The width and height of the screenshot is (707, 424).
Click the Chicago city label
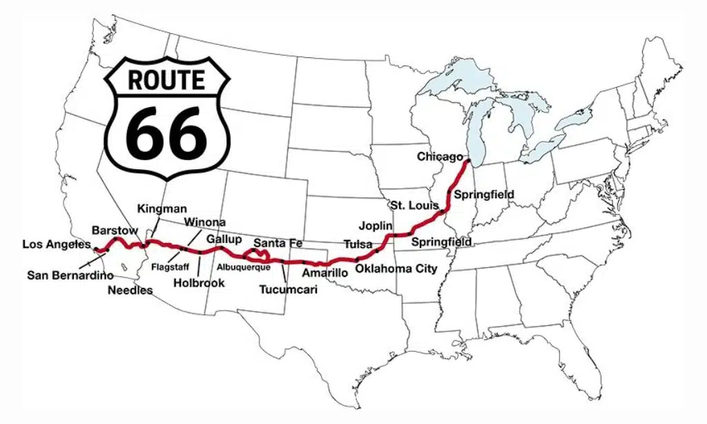pyautogui.click(x=439, y=157)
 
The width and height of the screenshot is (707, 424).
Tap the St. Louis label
pyautogui.click(x=412, y=206)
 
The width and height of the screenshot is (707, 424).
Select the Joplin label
pyautogui.click(x=376, y=226)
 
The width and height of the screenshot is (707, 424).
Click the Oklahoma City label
pyautogui.click(x=396, y=268)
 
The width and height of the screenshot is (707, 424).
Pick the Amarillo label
pyautogui.click(x=325, y=273)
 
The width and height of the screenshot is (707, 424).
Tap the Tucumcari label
pyautogui.click(x=288, y=289)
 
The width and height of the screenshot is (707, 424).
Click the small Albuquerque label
pyautogui.click(x=243, y=267)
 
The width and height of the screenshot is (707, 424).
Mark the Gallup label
pyautogui.click(x=224, y=240)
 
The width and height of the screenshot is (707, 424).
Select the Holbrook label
pyautogui.click(x=199, y=282)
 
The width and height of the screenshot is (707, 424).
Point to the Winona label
pyautogui.click(x=204, y=222)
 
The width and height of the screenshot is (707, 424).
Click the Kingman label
pyautogui.click(x=162, y=208)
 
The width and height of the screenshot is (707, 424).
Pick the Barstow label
pyautogui.click(x=115, y=230)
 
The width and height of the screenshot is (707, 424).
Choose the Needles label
pyautogui.click(x=130, y=290)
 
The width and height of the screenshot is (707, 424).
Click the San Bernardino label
pyautogui.click(x=70, y=276)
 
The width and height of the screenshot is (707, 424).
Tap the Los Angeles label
pyautogui.click(x=57, y=244)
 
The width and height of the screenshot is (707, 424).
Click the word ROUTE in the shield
pyautogui.click(x=166, y=79)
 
